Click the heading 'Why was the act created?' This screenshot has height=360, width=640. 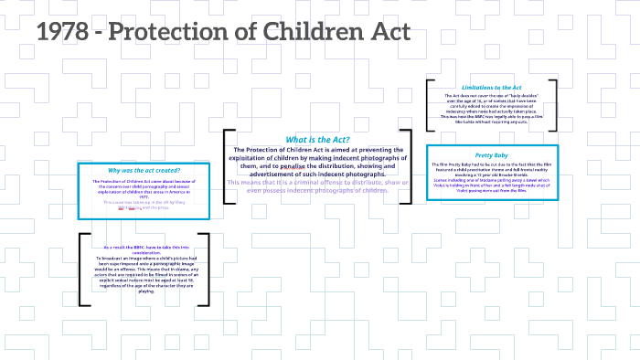click(x=144, y=171)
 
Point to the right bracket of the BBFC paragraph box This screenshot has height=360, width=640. click(x=207, y=270)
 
